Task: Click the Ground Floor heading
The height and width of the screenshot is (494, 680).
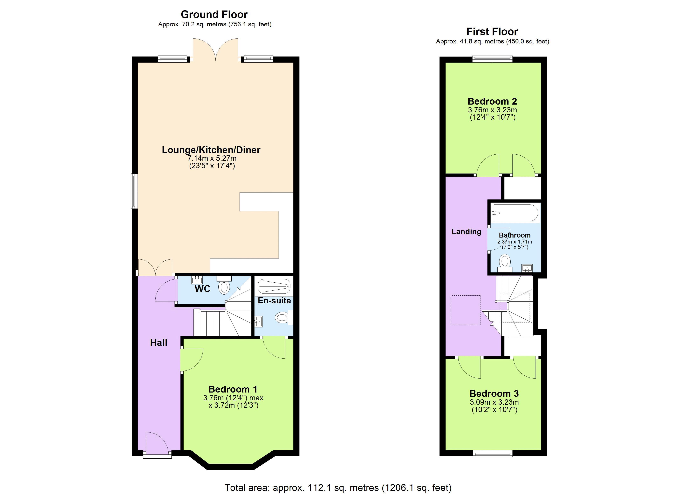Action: pos(214,14)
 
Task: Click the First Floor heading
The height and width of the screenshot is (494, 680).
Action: pos(492,31)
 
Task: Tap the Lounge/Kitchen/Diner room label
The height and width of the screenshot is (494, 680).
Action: pos(211,150)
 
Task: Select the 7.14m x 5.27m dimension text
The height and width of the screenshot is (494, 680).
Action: pos(212,158)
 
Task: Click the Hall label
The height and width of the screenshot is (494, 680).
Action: pos(159,343)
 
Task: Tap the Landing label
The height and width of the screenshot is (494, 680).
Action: pos(466,232)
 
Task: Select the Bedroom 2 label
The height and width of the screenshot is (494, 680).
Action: pos(492,101)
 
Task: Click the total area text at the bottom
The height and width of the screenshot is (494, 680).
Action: pos(338,488)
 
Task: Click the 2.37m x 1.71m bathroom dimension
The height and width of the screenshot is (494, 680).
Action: pos(515,241)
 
